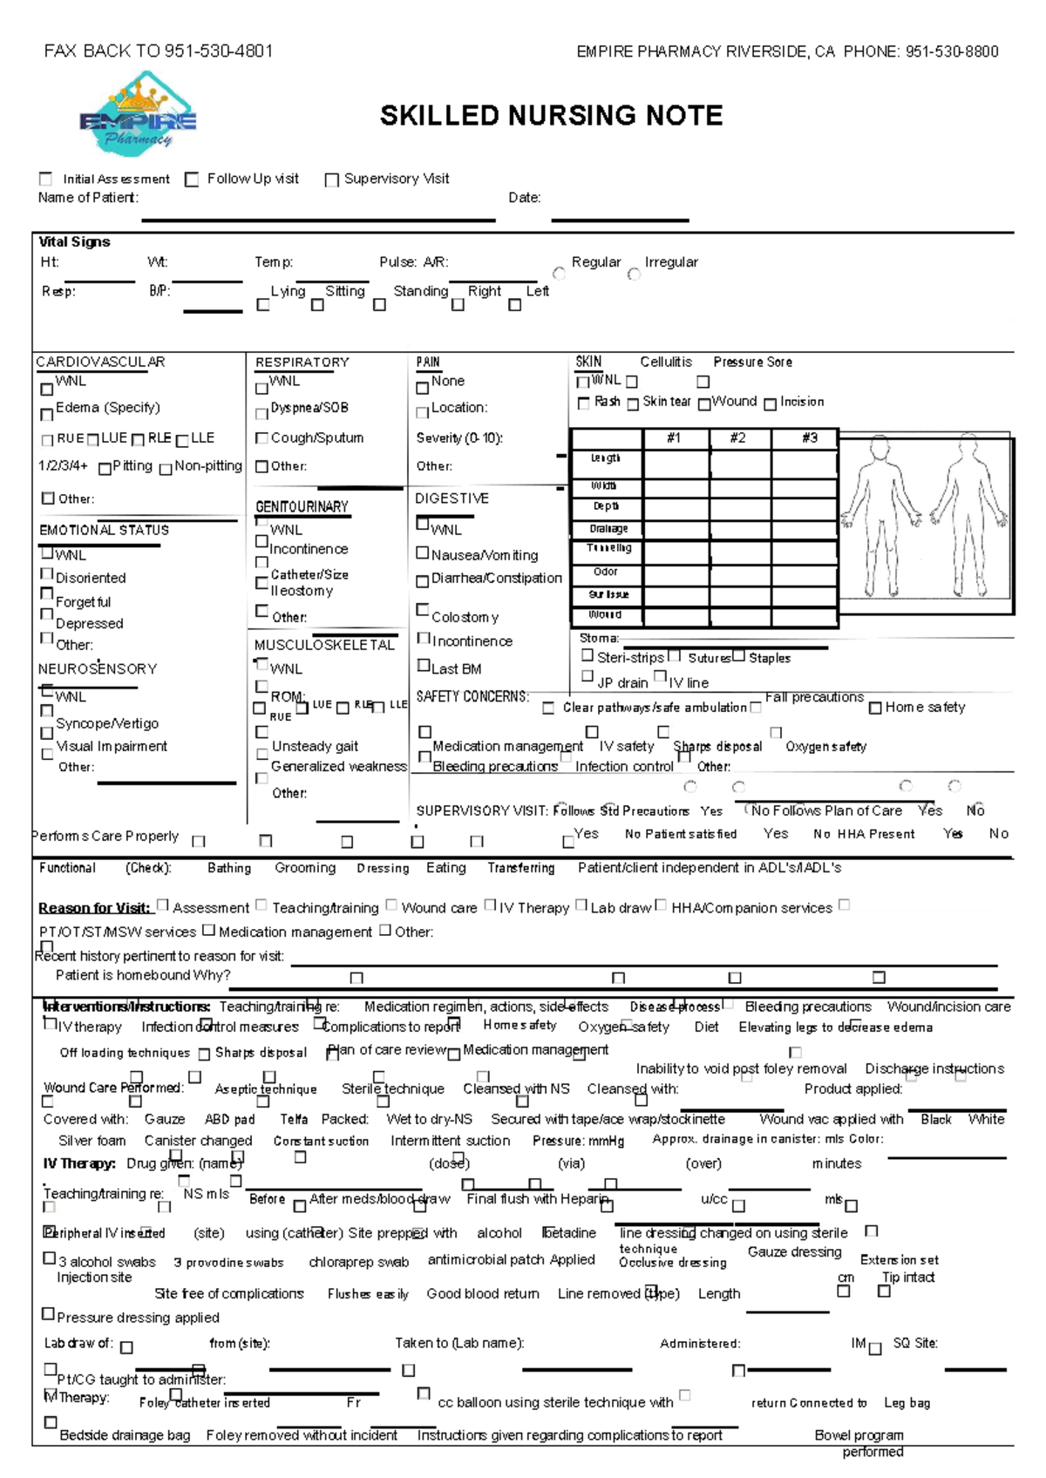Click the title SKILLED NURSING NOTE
[551, 116]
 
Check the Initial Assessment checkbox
[46, 179]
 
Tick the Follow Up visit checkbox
[192, 180]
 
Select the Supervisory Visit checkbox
[331, 180]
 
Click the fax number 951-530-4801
[219, 51]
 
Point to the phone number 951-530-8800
[952, 51]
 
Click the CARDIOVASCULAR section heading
[100, 362]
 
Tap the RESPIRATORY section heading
[302, 362]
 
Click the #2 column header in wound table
[738, 438]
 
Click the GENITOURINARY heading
[302, 506]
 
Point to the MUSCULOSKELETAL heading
[324, 645]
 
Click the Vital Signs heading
[74, 242]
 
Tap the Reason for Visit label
[94, 908]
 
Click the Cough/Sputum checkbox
[261, 438]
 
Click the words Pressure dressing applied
[138, 1318]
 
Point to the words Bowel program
[859, 1435]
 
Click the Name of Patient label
[87, 198]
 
